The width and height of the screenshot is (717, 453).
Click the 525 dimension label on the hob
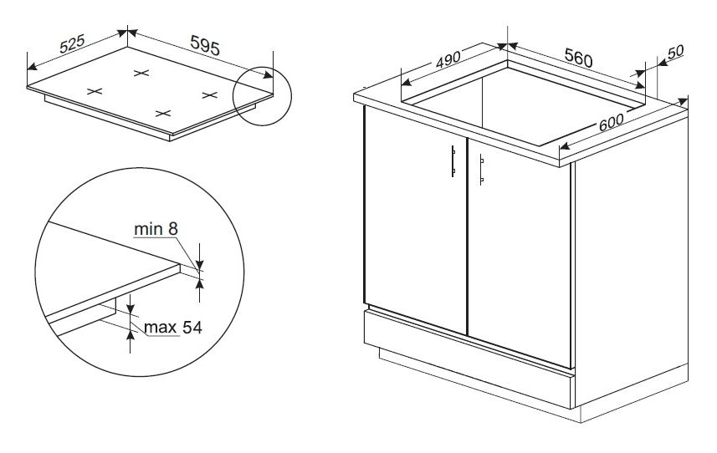[x=72, y=43]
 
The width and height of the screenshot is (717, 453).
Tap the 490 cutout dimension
[x=448, y=60]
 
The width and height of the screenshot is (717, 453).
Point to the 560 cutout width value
[x=578, y=58]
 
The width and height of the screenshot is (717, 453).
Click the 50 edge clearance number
[x=675, y=52]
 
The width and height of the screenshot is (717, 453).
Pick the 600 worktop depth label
[x=611, y=122]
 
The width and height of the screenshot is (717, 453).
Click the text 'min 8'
[x=156, y=228]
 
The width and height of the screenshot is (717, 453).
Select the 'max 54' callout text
[x=173, y=327]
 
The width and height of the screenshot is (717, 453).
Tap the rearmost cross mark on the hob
[x=141, y=73]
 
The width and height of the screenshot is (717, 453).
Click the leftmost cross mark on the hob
[x=95, y=91]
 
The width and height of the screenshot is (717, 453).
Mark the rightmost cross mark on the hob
[x=209, y=94]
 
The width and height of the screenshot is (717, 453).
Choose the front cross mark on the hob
[x=163, y=113]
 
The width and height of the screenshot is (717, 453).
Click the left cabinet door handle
[x=453, y=160]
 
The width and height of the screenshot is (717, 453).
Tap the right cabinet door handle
[x=481, y=170]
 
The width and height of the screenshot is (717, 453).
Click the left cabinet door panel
[x=415, y=220]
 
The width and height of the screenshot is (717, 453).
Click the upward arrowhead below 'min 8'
[x=199, y=284]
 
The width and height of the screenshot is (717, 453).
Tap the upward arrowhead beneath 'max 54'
[x=131, y=336]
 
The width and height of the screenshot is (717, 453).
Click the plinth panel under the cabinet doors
[x=469, y=359]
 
